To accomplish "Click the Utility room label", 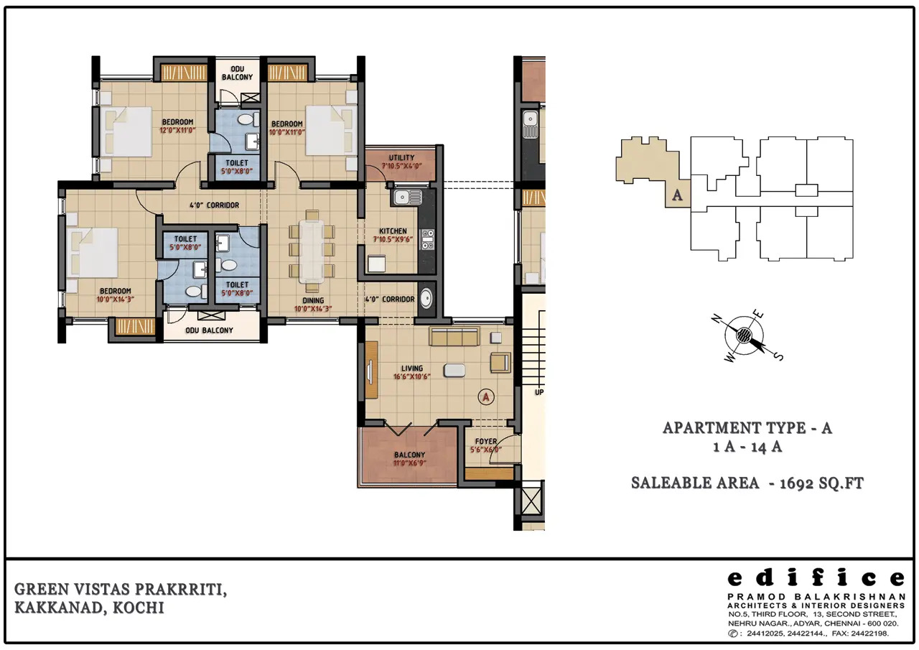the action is [x=401, y=157].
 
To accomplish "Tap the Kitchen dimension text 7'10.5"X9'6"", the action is [x=393, y=239].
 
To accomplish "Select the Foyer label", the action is [x=486, y=441].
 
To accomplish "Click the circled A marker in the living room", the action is [x=486, y=396].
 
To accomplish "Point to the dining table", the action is [x=312, y=251].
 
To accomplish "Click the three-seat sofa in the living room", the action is [x=454, y=336].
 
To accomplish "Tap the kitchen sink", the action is [x=407, y=198].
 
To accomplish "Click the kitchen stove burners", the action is [x=427, y=240].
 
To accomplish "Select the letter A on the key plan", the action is [x=677, y=195].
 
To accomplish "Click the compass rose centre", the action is [x=743, y=335].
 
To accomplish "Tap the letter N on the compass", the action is [x=717, y=318].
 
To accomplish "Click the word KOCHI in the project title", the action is [x=139, y=608].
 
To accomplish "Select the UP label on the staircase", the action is [x=539, y=392].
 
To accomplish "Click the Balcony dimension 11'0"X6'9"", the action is [x=409, y=463].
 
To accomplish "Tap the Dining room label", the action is [x=313, y=300].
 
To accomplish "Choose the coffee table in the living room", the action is [x=454, y=370].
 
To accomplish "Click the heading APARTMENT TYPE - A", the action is [x=747, y=428].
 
